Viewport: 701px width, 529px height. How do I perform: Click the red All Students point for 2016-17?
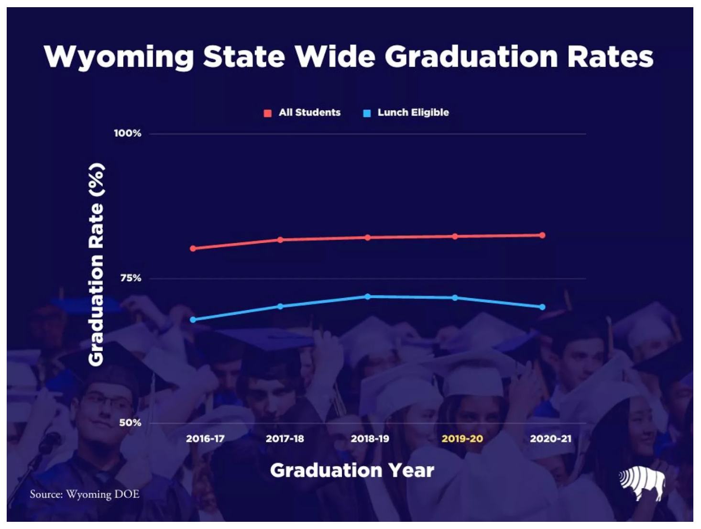click(x=193, y=248)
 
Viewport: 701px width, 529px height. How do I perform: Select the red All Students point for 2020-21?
click(x=542, y=235)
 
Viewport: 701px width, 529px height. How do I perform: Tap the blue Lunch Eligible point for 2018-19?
click(x=368, y=297)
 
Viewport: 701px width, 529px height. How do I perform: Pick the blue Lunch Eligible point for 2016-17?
click(x=193, y=320)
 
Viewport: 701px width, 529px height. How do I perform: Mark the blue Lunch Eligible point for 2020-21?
click(x=542, y=307)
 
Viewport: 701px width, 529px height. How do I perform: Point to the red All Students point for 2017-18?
click(x=280, y=240)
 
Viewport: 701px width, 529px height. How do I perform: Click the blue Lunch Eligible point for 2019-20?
click(x=455, y=298)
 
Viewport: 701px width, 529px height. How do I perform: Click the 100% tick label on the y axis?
click(x=127, y=133)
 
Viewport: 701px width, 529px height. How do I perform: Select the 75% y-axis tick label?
click(x=131, y=278)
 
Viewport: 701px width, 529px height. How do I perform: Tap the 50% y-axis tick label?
click(x=130, y=423)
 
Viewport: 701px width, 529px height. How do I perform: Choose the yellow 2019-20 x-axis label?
click(x=462, y=439)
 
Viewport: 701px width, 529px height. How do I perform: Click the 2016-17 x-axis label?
click(x=205, y=439)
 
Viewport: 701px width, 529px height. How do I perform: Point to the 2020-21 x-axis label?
click(x=550, y=439)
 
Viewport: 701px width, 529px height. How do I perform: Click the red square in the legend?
click(x=268, y=113)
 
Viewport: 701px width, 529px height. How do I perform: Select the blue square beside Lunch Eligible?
click(x=367, y=113)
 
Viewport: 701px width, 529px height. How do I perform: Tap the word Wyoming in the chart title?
click(x=119, y=57)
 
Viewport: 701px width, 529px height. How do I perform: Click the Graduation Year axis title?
click(x=352, y=470)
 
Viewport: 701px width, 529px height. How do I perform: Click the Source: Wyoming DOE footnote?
click(x=85, y=494)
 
